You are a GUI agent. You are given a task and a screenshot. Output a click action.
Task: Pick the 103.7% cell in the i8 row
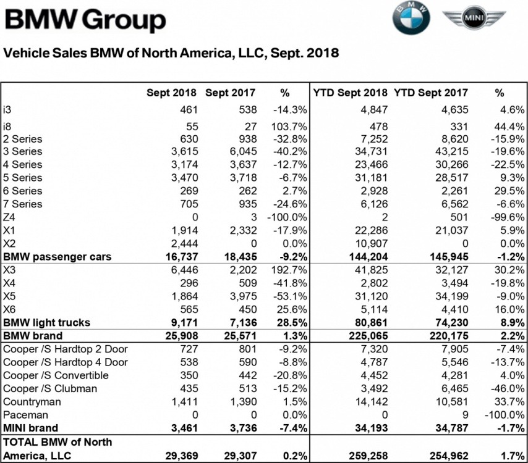click(286, 124)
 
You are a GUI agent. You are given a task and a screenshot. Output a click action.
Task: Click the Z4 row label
click(9, 217)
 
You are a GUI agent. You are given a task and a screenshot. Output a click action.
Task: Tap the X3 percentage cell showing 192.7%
click(286, 270)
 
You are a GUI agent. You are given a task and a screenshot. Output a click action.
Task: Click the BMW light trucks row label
click(46, 322)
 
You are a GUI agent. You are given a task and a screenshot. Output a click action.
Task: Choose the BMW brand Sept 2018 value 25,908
click(181, 336)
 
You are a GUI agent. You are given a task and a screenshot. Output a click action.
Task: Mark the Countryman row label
click(31, 401)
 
